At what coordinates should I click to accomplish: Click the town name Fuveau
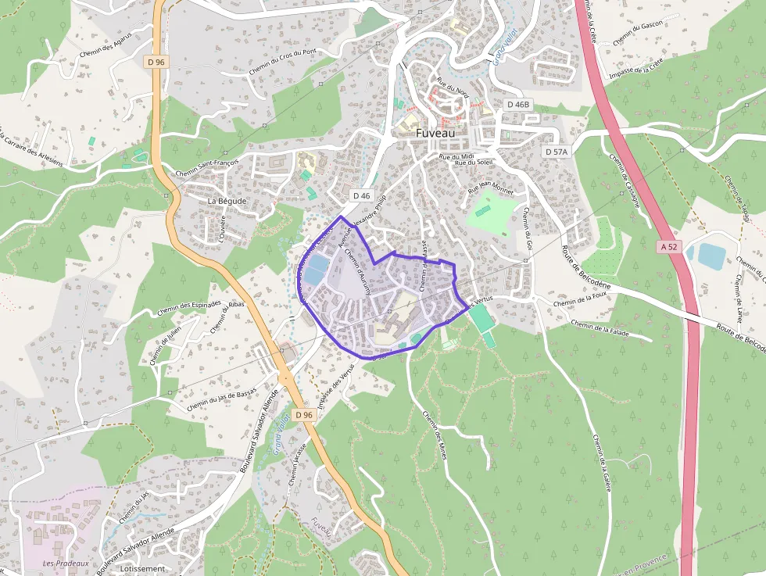coord(436,133)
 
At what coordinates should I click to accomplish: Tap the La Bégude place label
coord(227,201)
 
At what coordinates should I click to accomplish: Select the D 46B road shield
coord(517,104)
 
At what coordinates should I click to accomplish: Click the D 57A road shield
coord(556,151)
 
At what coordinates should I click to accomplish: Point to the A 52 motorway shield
coord(669,246)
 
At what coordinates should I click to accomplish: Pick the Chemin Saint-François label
coord(207,168)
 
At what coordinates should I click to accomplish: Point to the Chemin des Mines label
coord(433,435)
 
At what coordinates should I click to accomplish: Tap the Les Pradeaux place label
coord(66,563)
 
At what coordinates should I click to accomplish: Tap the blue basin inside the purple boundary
coord(314,270)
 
